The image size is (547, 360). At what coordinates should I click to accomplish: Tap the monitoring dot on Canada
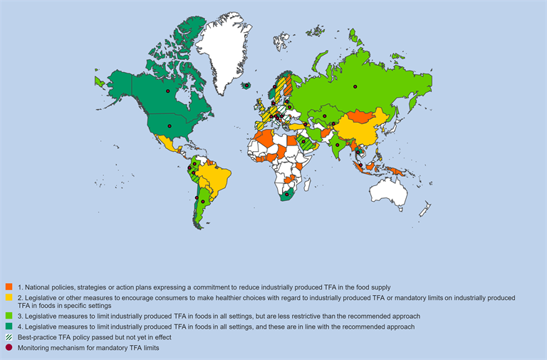click(x=168, y=91)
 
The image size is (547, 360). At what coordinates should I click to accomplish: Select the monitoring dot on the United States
click(x=170, y=126)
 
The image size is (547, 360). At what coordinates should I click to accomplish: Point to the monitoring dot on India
click(x=335, y=145)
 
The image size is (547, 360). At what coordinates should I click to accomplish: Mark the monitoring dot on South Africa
click(x=286, y=193)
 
